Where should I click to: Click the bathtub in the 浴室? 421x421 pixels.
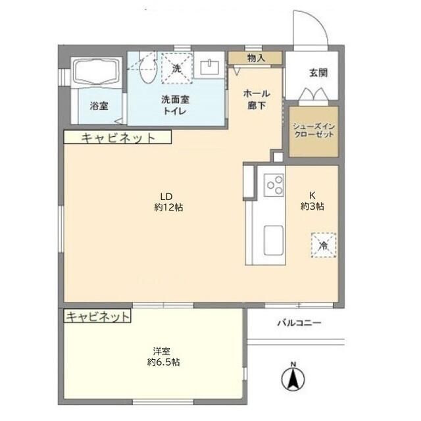[x=97, y=71]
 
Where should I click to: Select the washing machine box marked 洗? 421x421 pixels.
[x=177, y=68]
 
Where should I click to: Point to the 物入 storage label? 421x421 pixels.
[x=256, y=58]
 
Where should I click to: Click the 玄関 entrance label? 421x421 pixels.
[x=318, y=73]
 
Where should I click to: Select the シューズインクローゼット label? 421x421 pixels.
[x=314, y=130]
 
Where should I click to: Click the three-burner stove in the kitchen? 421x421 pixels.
[x=274, y=185]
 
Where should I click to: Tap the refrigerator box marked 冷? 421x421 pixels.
[x=324, y=245]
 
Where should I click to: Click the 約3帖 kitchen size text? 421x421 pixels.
[x=312, y=207]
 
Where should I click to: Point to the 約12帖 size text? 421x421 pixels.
[x=169, y=207]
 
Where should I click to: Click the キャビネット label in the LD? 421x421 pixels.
[x=118, y=138]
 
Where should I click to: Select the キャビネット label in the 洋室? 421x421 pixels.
[x=98, y=317]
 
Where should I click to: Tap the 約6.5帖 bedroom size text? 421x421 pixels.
[x=164, y=362]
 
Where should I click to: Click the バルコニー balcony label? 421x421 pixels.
[x=299, y=322]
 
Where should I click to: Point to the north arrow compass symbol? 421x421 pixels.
[x=293, y=378]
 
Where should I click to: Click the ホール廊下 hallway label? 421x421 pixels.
[x=257, y=99]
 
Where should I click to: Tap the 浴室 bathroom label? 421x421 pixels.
[x=99, y=106]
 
